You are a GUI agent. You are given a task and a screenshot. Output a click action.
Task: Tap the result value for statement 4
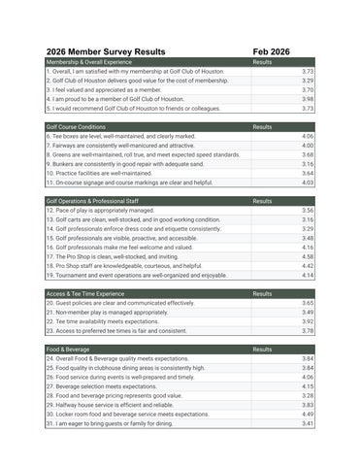pos(307,99)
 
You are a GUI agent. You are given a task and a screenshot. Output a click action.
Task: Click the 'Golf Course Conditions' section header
pos(76,127)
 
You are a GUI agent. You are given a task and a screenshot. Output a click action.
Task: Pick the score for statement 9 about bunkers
pos(307,164)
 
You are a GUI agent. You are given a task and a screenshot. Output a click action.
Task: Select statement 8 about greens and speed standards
pos(143,154)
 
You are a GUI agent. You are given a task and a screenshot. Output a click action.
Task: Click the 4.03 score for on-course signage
pos(307,183)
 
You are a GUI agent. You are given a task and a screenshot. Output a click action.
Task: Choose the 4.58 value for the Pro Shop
pos(307,256)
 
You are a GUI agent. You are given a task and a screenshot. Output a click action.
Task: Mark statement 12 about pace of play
pos(99,211)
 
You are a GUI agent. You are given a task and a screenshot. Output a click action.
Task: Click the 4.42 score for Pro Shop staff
pos(307,266)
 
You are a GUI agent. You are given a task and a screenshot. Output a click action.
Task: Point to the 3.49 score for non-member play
pos(307,312)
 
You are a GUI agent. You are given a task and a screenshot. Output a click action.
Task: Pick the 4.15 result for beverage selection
pos(307,386)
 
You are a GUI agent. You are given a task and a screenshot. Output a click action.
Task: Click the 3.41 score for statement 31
pos(307,423)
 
